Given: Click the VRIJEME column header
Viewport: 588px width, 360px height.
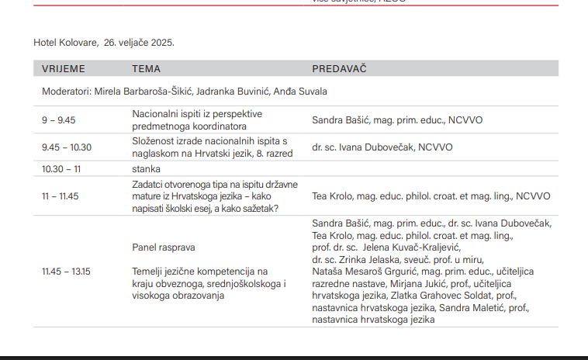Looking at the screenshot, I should tap(63, 69).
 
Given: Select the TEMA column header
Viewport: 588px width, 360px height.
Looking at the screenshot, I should tap(146, 69).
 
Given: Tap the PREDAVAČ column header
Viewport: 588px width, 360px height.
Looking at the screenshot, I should tap(339, 69).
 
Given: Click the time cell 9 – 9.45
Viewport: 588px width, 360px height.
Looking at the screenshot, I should tap(58, 120).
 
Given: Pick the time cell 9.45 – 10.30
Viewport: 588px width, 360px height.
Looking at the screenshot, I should tap(67, 147).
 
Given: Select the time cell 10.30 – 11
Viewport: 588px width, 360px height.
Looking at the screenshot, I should tap(61, 168).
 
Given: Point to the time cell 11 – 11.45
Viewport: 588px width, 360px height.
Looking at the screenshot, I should tap(61, 196).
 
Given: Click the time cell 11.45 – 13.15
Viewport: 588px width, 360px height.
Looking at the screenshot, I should tap(66, 272).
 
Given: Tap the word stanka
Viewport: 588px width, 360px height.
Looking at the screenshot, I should tap(146, 168).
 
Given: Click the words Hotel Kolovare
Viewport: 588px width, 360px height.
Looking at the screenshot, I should tap(63, 42).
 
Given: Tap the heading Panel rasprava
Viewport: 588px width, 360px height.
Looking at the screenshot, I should tap(164, 247).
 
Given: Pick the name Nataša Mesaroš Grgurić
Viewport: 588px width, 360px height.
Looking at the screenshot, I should tap(355, 272).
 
